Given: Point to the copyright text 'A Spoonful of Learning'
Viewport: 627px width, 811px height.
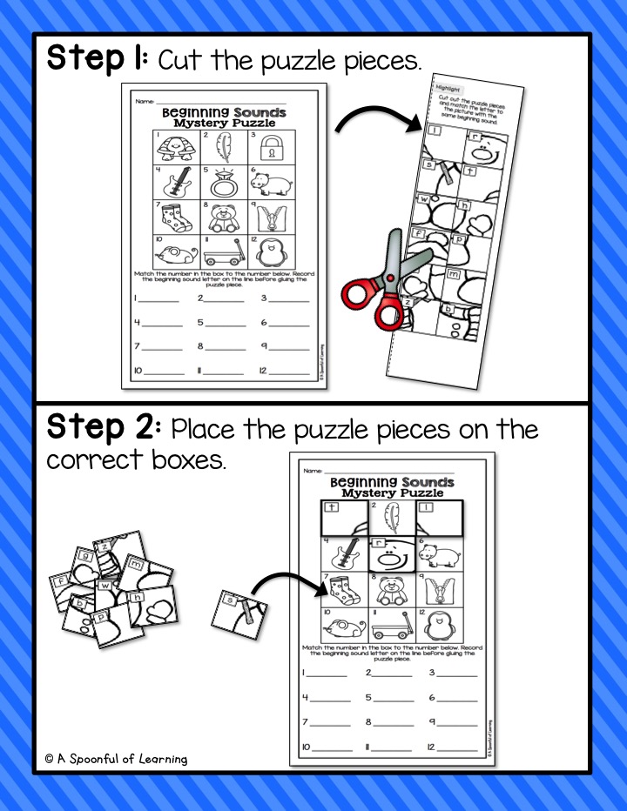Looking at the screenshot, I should click(x=116, y=759).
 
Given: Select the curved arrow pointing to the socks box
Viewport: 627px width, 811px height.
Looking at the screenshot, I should click(x=287, y=583).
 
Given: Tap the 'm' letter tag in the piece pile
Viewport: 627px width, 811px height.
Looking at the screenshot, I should click(x=138, y=566).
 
